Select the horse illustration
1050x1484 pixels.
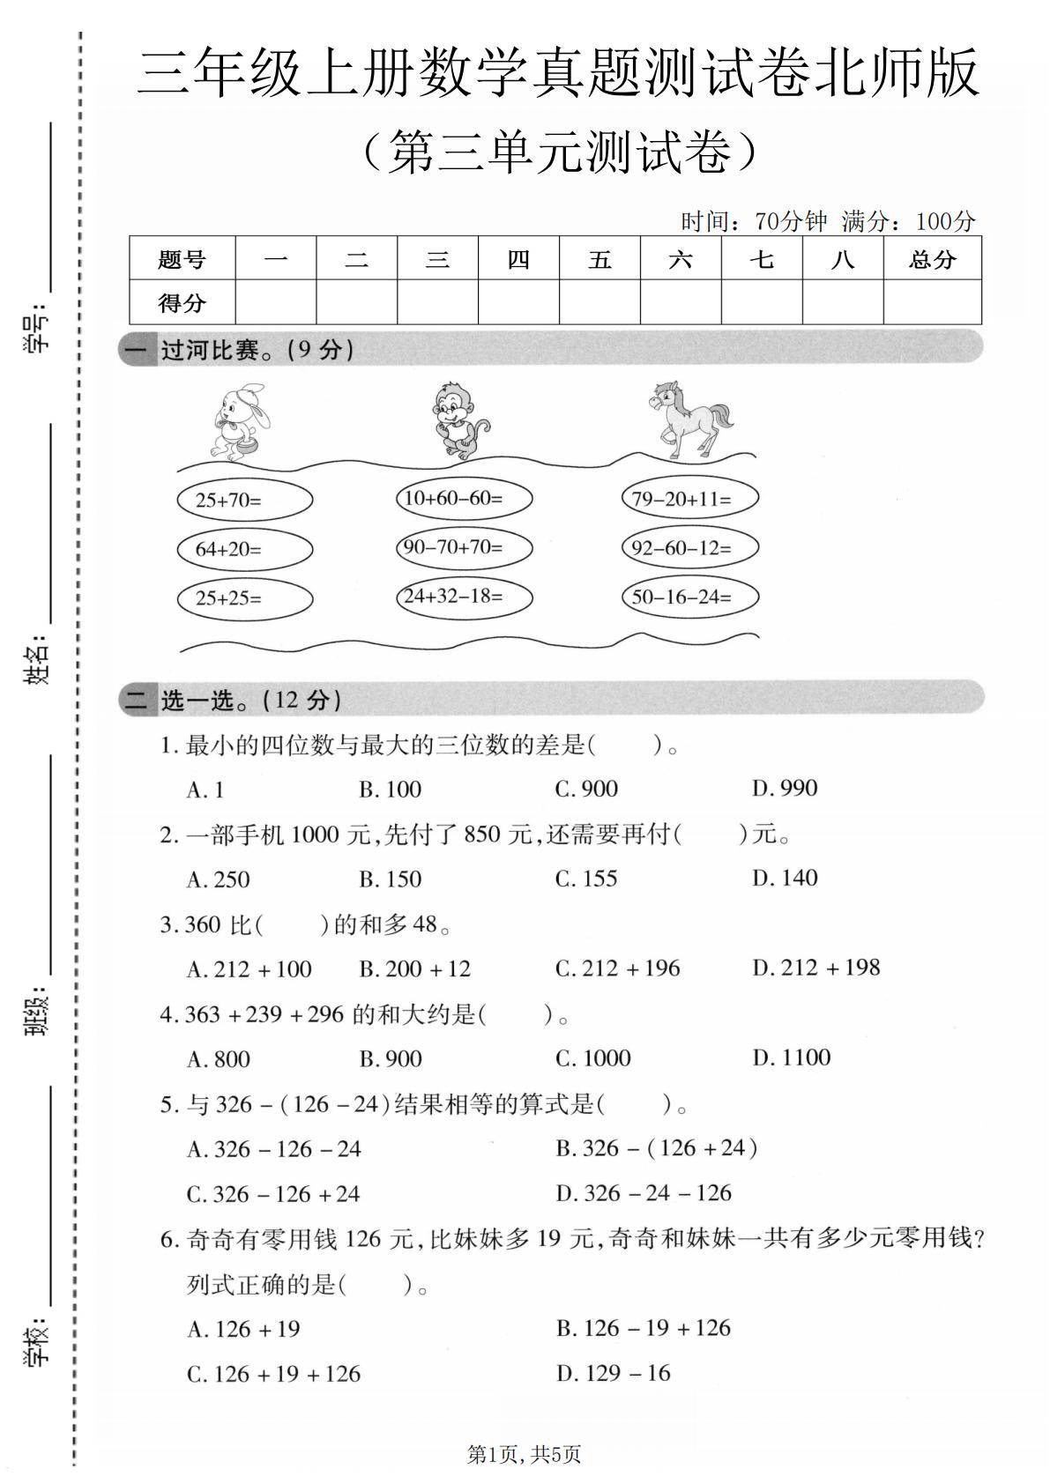point(688,419)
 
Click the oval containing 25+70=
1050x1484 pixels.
point(244,501)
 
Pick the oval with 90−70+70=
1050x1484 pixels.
point(464,547)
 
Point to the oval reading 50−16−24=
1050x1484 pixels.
point(689,597)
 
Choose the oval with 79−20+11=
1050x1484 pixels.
point(689,499)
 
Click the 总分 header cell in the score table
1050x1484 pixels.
point(932,259)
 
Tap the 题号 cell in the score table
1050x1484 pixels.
point(182,259)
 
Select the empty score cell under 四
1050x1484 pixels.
point(518,302)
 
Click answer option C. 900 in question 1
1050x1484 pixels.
point(585,789)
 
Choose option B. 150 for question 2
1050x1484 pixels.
point(390,879)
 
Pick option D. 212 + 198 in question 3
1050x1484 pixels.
point(815,968)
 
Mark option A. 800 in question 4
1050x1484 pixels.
point(218,1058)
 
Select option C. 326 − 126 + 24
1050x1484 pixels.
point(273,1194)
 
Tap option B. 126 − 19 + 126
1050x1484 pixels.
point(643,1328)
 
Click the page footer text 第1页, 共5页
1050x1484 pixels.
point(524,1454)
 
